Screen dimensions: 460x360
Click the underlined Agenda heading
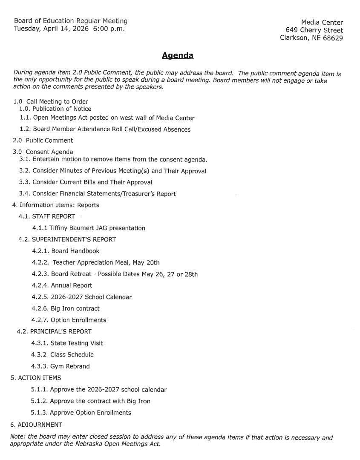(x=178, y=55)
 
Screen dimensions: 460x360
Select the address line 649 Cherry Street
(x=314, y=30)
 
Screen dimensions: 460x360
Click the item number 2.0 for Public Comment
(x=18, y=140)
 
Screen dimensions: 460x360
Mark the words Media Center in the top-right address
(x=322, y=23)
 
